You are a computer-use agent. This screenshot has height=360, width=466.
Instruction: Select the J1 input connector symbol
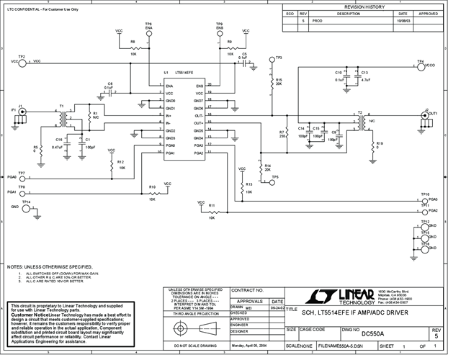click(x=22, y=112)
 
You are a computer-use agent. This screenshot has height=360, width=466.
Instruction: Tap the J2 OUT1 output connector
click(x=425, y=121)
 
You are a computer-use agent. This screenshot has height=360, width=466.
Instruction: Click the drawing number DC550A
click(x=373, y=333)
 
